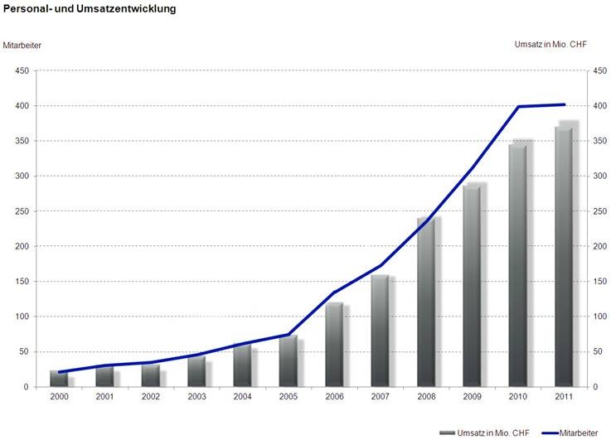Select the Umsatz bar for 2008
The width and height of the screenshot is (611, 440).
click(426, 302)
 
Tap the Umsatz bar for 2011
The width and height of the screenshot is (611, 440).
click(564, 257)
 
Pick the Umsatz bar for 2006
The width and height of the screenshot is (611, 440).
click(334, 345)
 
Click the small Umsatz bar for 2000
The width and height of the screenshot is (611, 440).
click(59, 379)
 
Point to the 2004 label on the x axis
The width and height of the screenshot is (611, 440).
click(242, 397)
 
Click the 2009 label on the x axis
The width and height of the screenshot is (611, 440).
click(472, 397)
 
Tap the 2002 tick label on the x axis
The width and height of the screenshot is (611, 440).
click(150, 397)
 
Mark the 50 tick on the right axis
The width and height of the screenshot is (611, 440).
click(598, 351)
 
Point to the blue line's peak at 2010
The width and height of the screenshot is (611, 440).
click(518, 107)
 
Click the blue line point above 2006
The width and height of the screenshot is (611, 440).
click(334, 293)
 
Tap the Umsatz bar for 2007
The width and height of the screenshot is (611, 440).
click(380, 331)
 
